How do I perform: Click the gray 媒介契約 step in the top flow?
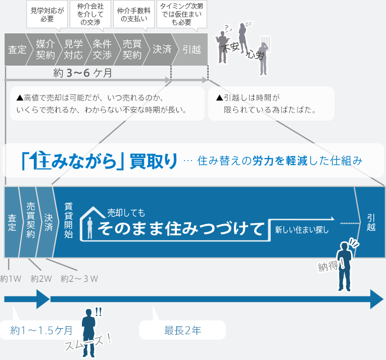click(x=45, y=49)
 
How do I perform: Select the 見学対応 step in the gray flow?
click(x=73, y=49)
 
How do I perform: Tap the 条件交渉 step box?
click(x=102, y=49)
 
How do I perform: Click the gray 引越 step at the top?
click(x=191, y=49)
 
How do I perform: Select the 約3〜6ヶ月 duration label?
click(x=83, y=73)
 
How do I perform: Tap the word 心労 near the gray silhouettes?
click(x=255, y=55)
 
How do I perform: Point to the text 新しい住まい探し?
click(x=302, y=230)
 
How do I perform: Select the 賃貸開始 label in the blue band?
click(x=69, y=220)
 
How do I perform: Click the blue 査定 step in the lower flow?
click(x=12, y=222)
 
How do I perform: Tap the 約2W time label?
click(x=41, y=278)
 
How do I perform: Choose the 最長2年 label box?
click(x=182, y=331)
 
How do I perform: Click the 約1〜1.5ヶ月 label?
click(x=41, y=331)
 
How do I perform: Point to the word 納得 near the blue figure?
click(x=328, y=266)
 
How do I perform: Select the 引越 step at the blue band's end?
click(x=371, y=222)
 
